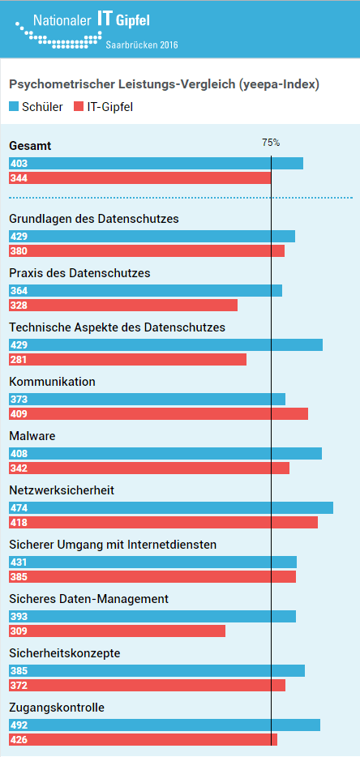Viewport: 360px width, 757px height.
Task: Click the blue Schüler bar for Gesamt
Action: pos(156,163)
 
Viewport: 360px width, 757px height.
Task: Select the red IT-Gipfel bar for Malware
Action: pos(149,468)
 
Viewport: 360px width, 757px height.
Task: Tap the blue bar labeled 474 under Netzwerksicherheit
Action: pos(171,508)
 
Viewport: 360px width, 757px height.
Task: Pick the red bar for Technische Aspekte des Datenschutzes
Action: pos(127,360)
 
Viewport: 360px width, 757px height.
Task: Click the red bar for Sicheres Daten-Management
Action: pos(118,631)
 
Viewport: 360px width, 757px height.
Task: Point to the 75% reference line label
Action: pos(271,143)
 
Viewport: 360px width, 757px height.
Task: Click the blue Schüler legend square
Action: pos(14,107)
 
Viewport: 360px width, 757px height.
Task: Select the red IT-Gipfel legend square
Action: pos(79,107)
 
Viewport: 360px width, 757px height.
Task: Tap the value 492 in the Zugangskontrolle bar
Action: pos(19,725)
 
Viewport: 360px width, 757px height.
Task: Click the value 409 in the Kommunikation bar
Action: pos(19,413)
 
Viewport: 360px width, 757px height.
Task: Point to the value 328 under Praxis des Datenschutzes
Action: pos(19,305)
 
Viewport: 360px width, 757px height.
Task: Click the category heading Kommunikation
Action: pos(52,382)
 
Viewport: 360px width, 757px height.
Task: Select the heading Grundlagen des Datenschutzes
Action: pos(94,219)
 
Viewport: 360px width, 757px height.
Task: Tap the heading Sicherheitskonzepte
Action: pos(65,654)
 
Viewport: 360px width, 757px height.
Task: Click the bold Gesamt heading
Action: pos(31,146)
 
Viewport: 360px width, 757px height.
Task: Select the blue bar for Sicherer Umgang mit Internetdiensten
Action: pos(152,562)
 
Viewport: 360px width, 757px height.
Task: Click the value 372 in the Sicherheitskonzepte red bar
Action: pos(19,685)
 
